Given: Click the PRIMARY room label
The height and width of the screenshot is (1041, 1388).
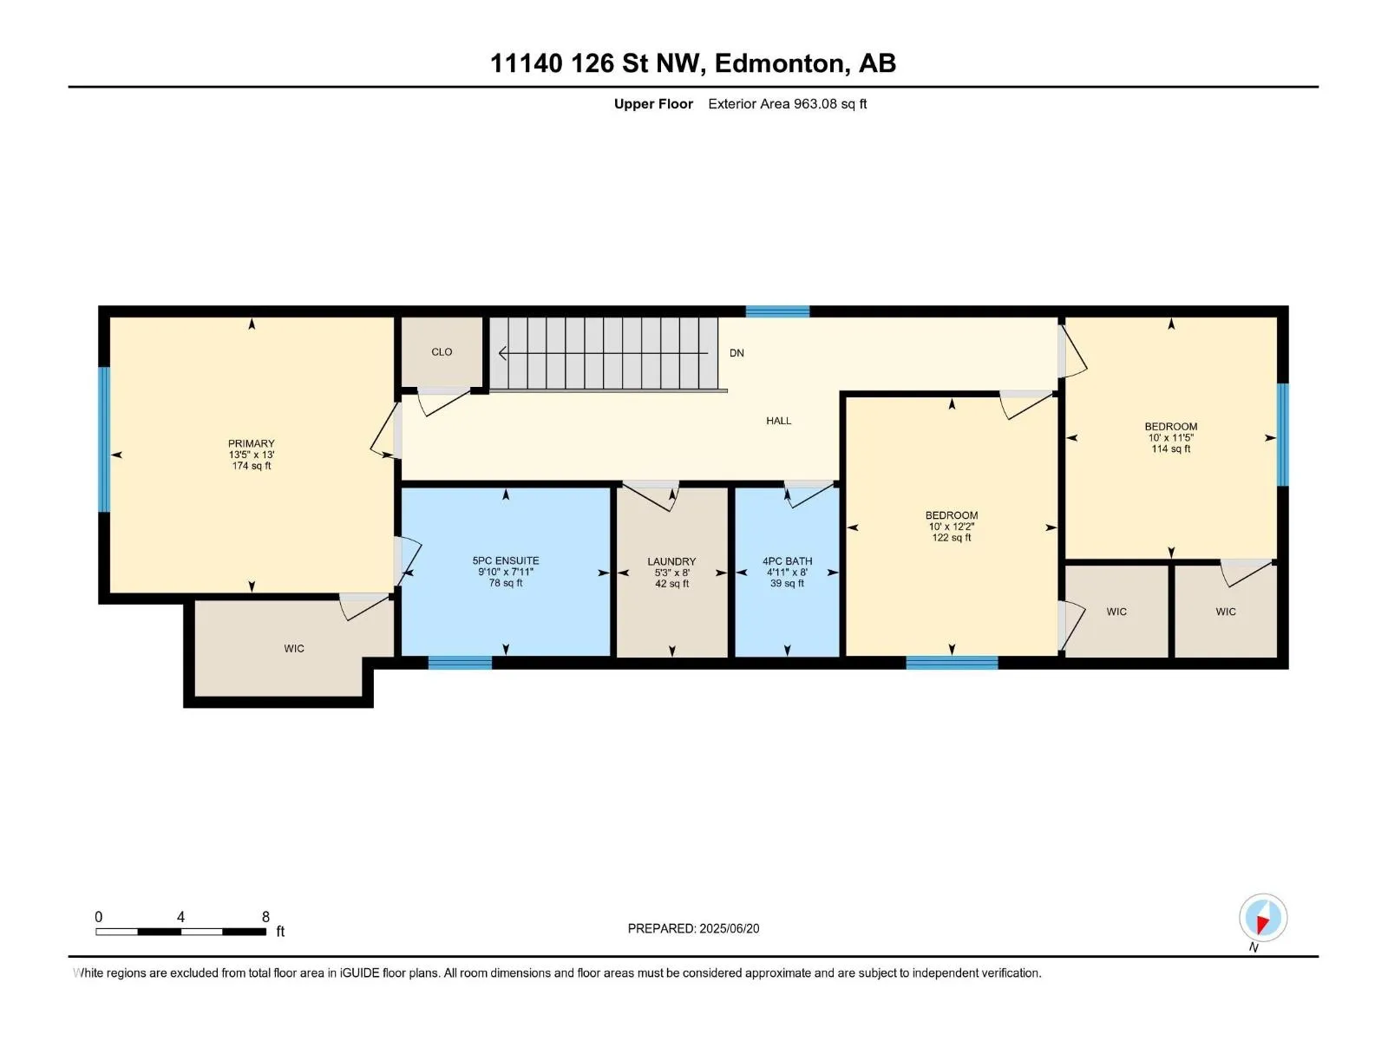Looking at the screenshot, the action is coord(251,443).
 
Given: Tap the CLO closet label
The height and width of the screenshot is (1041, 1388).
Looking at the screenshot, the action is coord(442,351).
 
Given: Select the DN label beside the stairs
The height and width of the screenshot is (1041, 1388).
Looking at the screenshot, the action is coord(736,353).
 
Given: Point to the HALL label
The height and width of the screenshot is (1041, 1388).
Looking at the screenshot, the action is coord(778,421).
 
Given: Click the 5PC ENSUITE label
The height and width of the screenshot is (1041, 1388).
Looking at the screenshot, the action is coord(505,560).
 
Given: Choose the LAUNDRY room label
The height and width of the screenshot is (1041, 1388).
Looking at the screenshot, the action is coord(671,561).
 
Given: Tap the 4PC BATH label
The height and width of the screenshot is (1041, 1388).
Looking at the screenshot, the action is coord(787,560).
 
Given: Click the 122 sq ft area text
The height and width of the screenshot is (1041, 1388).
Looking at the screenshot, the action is coord(951,537).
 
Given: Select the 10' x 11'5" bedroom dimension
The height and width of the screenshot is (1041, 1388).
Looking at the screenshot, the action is coord(1170,437).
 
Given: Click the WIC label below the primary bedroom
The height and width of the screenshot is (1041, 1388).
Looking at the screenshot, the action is coord(294,648).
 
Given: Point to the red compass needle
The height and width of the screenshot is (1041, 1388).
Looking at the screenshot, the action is coord(1262,924).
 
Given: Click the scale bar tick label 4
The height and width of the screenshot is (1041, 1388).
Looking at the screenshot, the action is coord(180,916).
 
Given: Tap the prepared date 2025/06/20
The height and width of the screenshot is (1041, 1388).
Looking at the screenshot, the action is coord(728,928).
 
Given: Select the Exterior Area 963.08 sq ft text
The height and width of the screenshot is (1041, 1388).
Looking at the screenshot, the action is coord(787,103).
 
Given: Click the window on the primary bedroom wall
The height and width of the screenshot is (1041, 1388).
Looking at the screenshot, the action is coord(104,439).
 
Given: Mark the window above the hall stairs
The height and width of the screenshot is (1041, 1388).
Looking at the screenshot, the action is coord(777,311).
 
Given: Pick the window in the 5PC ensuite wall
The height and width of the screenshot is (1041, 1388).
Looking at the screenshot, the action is coord(460,663).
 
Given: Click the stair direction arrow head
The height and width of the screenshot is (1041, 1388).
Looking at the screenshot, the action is coord(502,353).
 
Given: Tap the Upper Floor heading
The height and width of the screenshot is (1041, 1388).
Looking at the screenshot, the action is coord(653,103).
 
